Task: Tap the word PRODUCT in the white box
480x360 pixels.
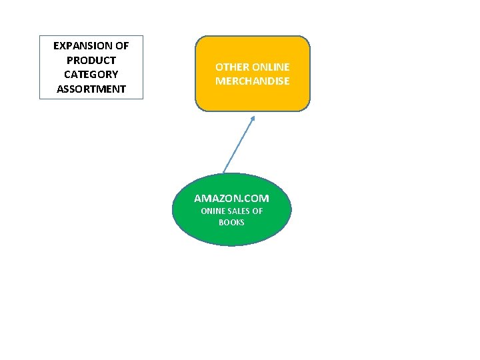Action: click(91, 60)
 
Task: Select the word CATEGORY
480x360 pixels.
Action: click(91, 74)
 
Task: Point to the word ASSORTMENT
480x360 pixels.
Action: click(91, 89)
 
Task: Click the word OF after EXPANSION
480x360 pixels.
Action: click(121, 46)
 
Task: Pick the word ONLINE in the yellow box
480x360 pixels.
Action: click(271, 67)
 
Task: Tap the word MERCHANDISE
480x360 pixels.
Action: click(252, 81)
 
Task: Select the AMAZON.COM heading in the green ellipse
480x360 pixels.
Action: click(231, 198)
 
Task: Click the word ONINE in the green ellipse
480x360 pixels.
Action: click(213, 211)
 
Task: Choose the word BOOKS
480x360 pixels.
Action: click(231, 222)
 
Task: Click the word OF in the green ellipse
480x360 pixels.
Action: click(257, 211)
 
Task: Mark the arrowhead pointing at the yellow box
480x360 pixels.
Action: click(253, 119)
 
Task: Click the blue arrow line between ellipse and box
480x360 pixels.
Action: click(239, 145)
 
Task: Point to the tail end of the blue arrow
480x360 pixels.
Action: click(223, 172)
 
